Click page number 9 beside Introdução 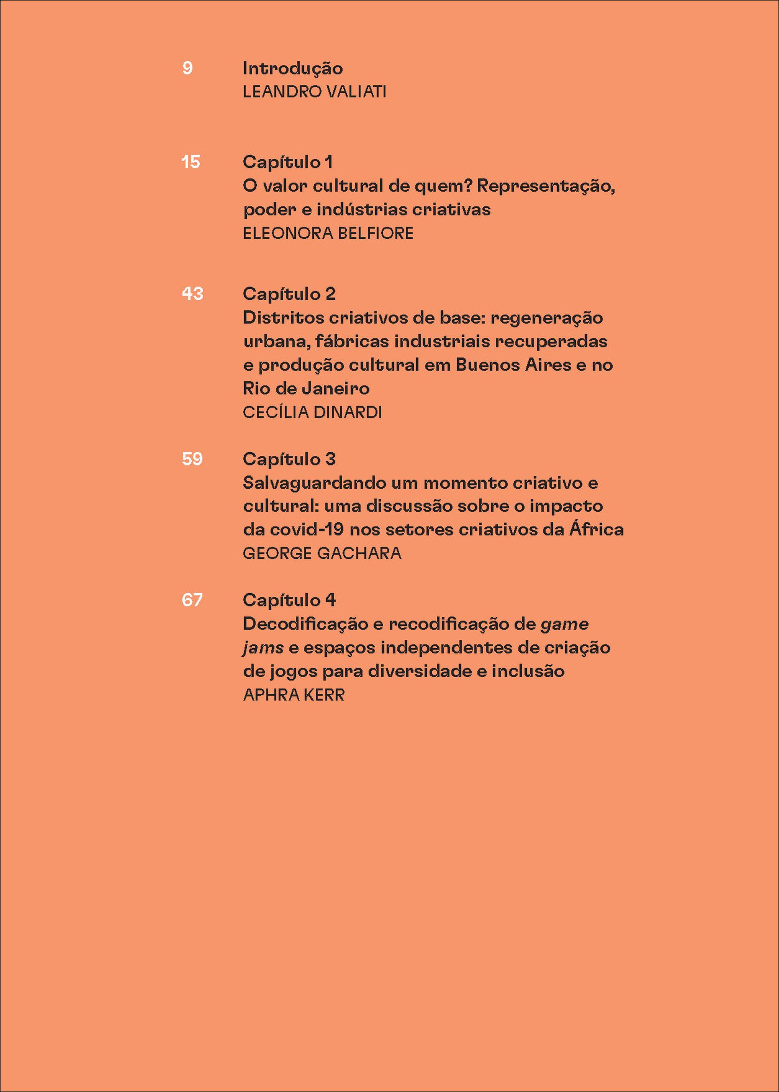(x=187, y=68)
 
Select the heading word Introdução (x=292, y=69)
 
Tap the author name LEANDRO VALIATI (x=314, y=92)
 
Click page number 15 (x=190, y=162)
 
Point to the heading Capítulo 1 (x=287, y=162)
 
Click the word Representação (x=546, y=186)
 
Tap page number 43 (x=192, y=294)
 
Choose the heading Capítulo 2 (x=289, y=294)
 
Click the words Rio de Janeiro (x=306, y=388)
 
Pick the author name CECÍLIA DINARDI (x=312, y=412)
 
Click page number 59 (x=192, y=459)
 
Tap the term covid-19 (x=307, y=530)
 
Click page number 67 (x=192, y=600)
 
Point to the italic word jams (x=263, y=648)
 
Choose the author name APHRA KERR (x=294, y=695)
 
